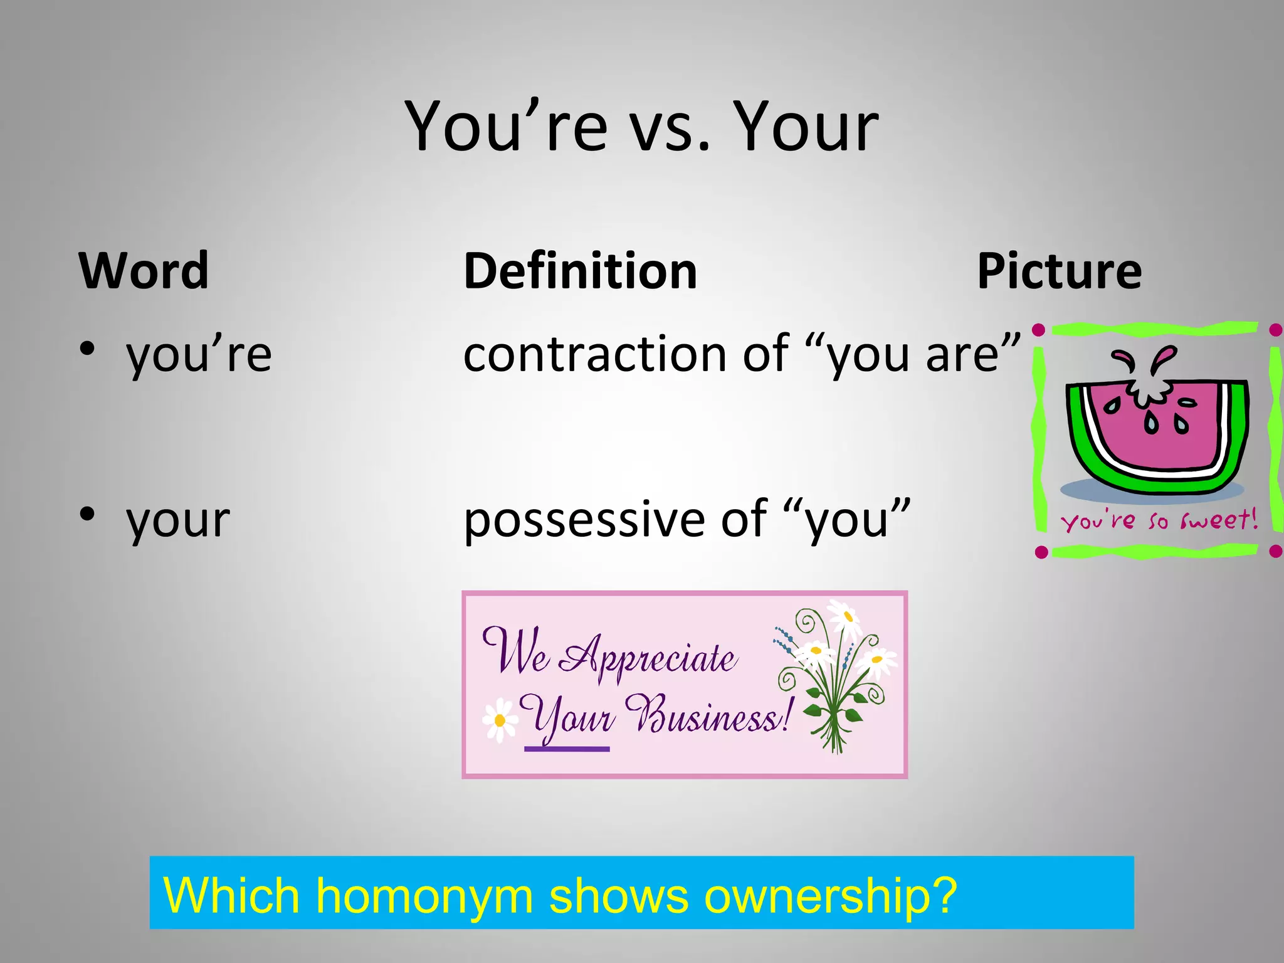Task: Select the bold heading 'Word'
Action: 144,271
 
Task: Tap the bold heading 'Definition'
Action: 580,271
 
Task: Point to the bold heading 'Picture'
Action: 1059,271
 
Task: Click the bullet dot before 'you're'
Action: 88,348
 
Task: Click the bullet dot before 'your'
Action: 88,513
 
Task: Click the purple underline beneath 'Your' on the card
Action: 567,749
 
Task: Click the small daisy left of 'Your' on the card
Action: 500,720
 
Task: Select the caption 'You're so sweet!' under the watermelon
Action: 1158,520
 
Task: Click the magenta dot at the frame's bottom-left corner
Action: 1041,552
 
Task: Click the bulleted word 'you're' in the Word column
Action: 199,355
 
